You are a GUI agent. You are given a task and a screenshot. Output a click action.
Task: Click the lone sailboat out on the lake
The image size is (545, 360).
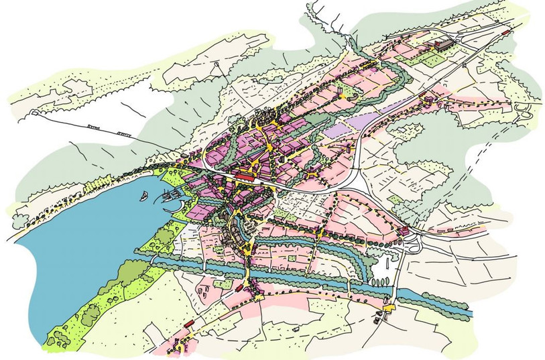(144, 196)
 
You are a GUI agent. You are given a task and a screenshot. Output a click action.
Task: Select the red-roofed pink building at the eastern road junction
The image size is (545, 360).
(404, 231)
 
